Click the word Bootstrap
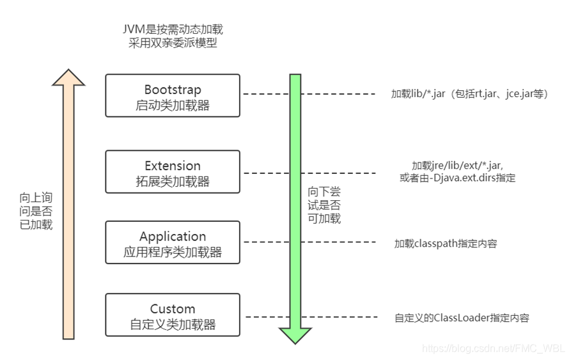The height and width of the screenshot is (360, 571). coord(173,90)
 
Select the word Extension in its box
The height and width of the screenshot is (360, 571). coord(173,166)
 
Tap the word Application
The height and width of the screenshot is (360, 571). coord(173,237)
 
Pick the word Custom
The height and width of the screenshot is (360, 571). coord(173,309)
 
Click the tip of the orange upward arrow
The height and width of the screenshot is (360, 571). coord(68,70)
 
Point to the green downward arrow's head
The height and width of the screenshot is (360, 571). coord(295,336)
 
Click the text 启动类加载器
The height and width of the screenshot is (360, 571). coord(173,106)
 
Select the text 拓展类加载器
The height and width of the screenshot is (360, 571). coord(173,181)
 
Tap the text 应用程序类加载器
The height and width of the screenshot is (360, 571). coord(173,252)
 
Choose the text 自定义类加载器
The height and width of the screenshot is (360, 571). coord(173,324)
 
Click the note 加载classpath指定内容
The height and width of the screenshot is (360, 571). coord(446,244)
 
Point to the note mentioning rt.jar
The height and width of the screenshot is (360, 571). coord(470,94)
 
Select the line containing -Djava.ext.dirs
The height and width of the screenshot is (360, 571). coord(457,178)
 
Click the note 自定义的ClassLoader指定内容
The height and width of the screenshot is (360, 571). coord(462,318)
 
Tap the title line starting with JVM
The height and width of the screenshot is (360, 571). coord(173,29)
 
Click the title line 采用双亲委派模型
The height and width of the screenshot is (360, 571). coord(173,43)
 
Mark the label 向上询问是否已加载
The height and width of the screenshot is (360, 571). coord(36,211)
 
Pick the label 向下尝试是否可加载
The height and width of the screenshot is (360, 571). coord(324,205)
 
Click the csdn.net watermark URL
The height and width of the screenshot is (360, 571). coord(494,348)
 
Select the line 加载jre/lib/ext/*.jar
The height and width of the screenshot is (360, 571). coord(457,166)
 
